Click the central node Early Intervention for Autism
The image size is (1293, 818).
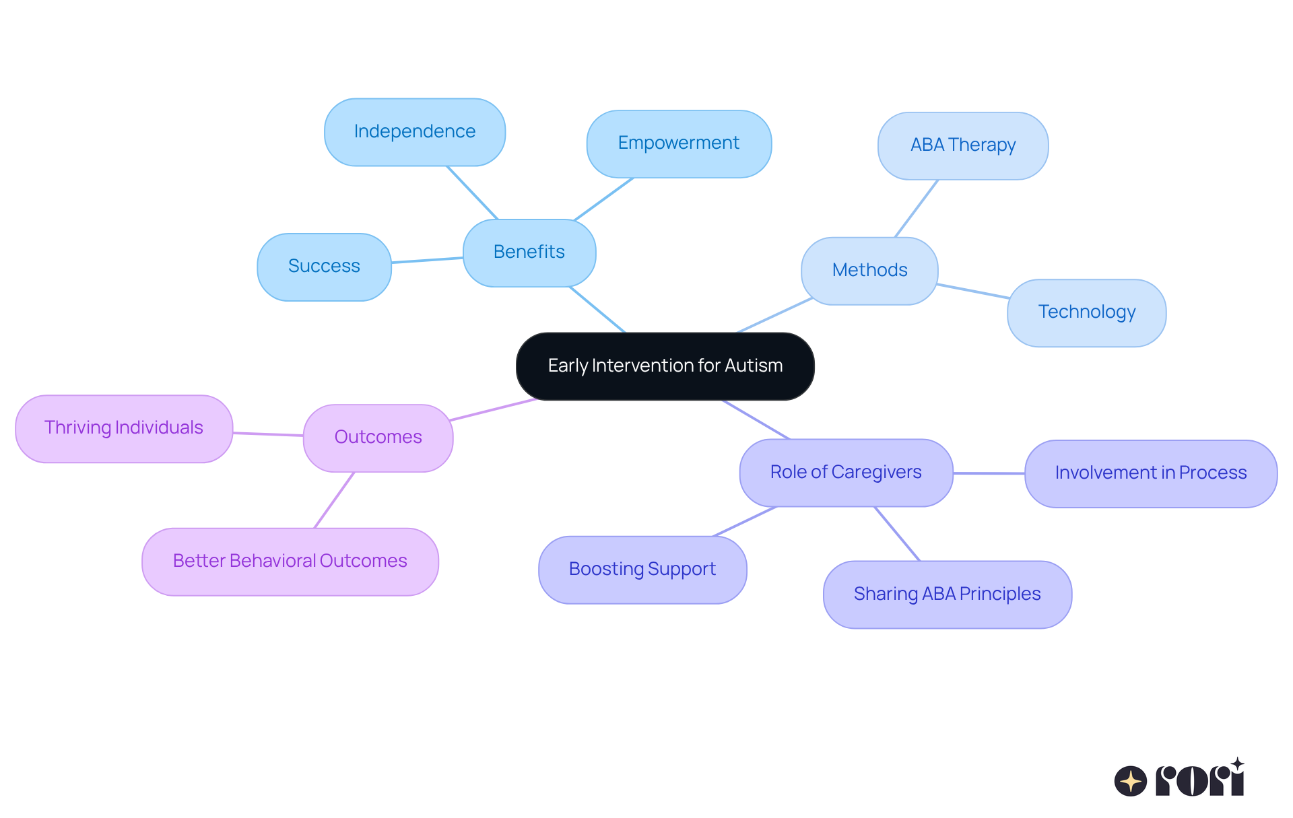coord(665,366)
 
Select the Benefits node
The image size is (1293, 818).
coord(529,252)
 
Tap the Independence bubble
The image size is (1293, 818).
coord(415,132)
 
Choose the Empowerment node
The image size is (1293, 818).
coord(679,143)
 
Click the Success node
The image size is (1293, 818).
coord(324,267)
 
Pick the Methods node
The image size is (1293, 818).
coord(869,271)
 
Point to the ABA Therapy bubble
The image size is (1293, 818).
coord(963,145)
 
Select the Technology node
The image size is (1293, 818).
coord(1086,312)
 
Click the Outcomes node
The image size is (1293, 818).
coord(378,438)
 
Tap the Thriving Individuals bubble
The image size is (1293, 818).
coord(124,428)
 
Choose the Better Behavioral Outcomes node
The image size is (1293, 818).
coord(290,561)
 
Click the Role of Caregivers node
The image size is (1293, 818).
coord(846,473)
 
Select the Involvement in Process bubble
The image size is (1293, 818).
coord(1151,473)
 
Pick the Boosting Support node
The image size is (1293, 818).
coord(642,570)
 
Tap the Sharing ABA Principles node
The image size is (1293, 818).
coord(947,594)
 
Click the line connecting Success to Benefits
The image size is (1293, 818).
coord(427,260)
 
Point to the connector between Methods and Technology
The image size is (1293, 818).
coord(972,291)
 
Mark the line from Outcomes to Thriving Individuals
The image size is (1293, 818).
coord(268,434)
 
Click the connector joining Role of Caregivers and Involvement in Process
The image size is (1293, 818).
coord(989,473)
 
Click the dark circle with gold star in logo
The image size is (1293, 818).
coord(1130,781)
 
